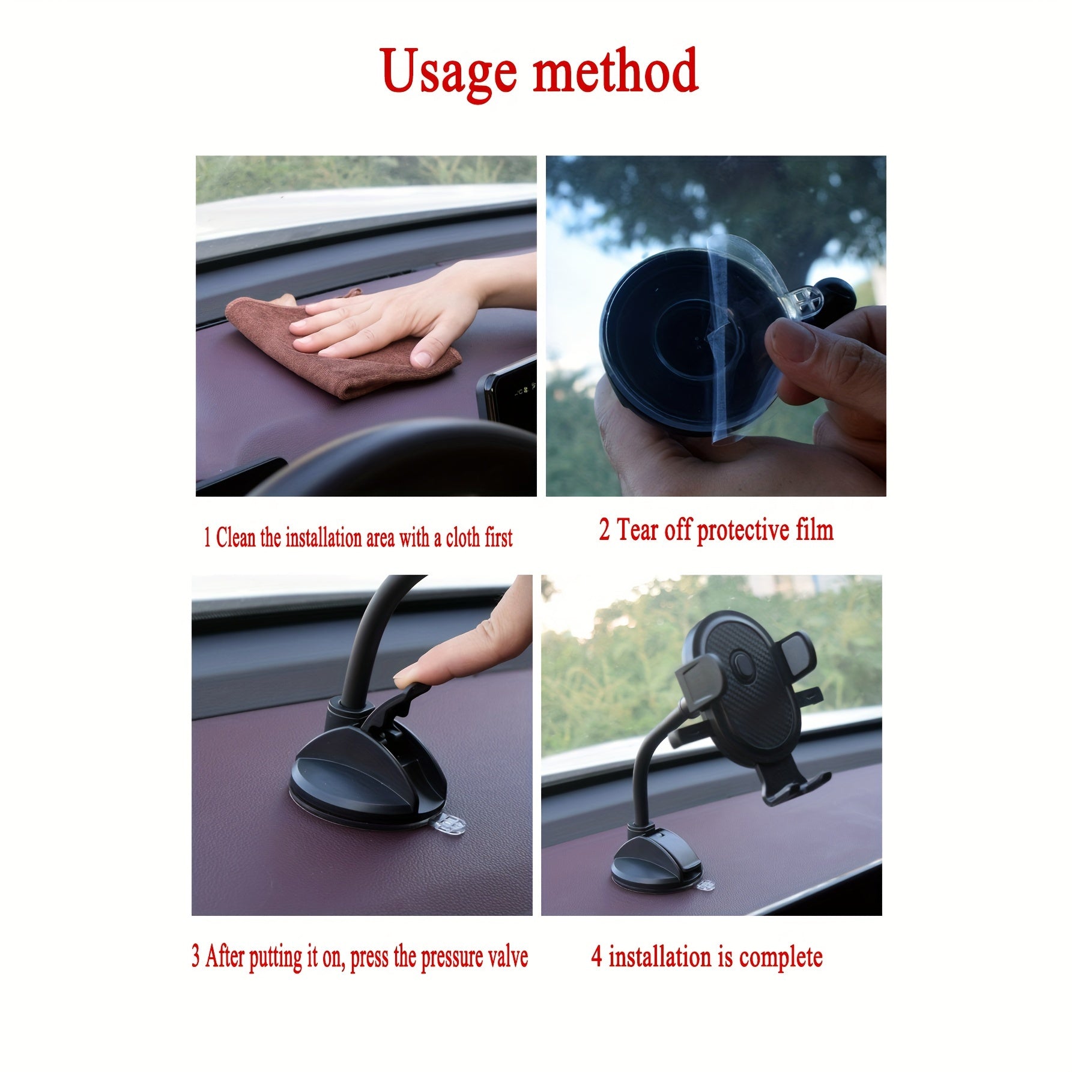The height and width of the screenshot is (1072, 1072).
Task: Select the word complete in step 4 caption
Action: [x=780, y=957]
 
